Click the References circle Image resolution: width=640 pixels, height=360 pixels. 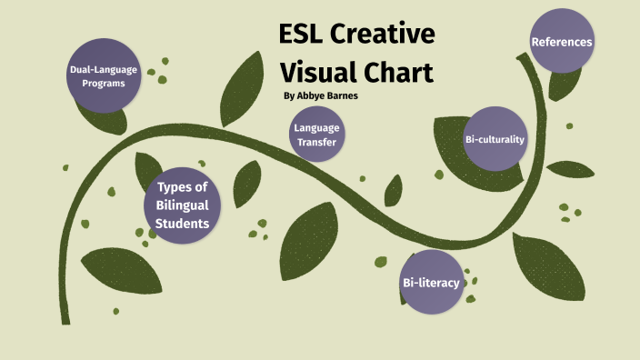pos(561,42)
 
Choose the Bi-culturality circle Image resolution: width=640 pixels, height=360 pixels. pos(495,139)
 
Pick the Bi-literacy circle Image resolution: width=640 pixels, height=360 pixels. pos(431,283)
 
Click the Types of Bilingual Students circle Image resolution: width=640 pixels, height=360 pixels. pos(183,205)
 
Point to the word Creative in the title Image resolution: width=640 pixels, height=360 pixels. pos(386,36)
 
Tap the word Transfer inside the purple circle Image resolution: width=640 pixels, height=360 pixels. pos(315,143)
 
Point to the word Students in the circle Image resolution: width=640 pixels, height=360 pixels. pos(182,223)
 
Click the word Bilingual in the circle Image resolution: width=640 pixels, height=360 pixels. pos(183,205)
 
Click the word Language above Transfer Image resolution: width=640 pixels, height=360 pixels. pos(315,128)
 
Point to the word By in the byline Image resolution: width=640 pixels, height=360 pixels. pos(289,95)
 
